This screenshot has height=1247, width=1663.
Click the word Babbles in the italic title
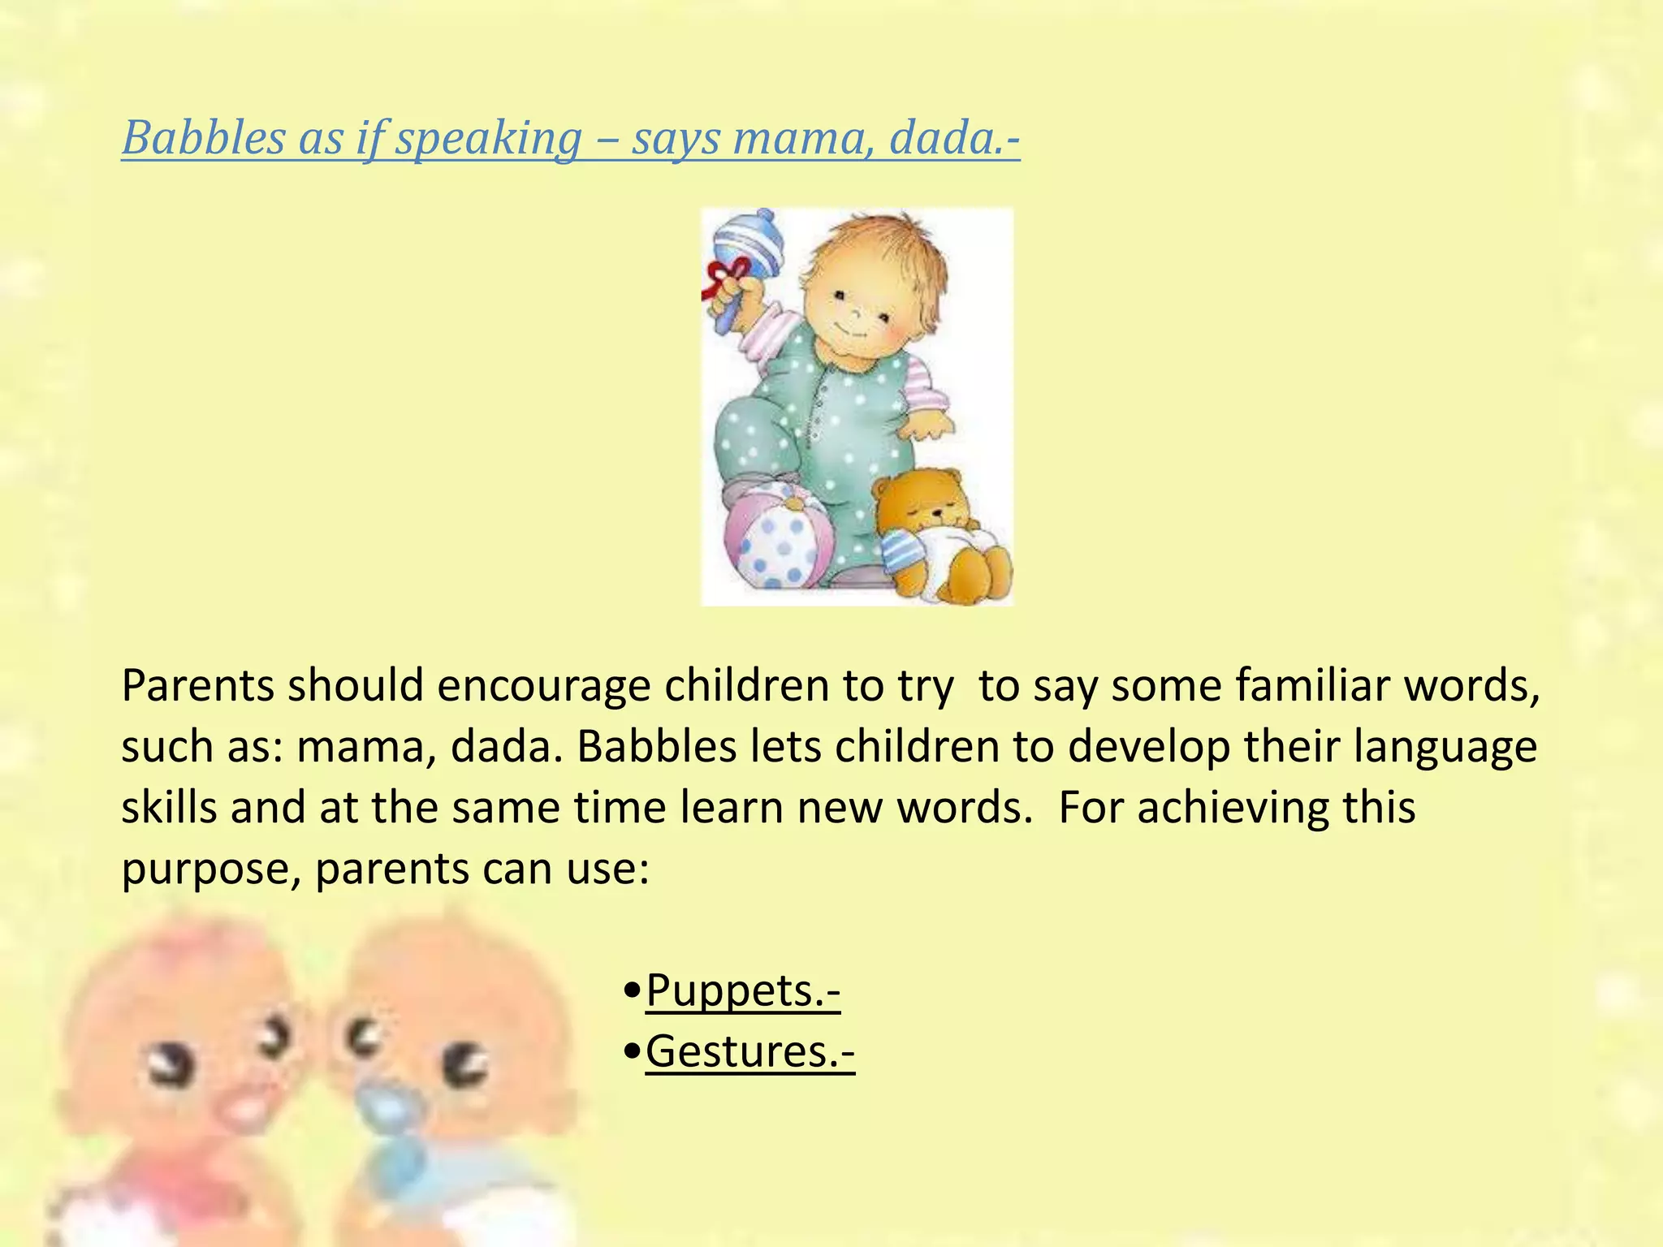pos(203,138)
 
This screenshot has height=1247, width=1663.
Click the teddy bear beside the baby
pos(942,536)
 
